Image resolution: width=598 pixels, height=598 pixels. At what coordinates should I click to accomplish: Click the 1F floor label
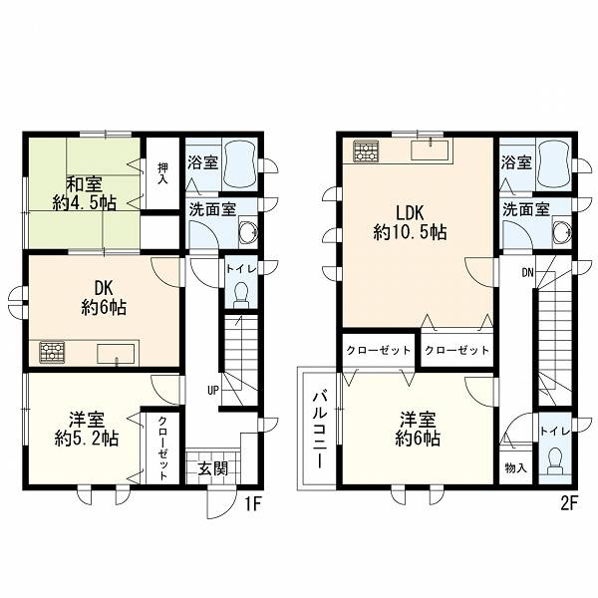point(252,504)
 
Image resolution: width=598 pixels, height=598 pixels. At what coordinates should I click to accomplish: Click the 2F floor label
point(569,504)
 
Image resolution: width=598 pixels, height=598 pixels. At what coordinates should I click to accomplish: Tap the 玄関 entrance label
point(213,468)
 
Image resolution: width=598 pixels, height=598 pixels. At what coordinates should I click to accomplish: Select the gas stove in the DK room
point(52,352)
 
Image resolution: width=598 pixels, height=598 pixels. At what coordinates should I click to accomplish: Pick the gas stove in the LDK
point(366,150)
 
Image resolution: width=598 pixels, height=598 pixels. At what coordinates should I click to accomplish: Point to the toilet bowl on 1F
point(240,295)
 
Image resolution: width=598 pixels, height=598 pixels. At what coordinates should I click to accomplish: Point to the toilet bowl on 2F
point(555,460)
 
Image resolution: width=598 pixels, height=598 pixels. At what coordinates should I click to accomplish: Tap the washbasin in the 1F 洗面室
point(248,231)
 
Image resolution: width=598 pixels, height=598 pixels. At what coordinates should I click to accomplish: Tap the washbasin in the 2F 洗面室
point(562,231)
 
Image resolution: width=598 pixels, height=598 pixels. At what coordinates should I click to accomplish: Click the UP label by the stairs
point(213,390)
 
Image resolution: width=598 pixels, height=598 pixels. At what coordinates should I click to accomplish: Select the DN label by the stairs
point(527,272)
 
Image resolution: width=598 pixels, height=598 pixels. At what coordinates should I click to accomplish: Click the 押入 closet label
point(163,173)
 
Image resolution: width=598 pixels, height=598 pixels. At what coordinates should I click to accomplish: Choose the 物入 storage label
point(515,468)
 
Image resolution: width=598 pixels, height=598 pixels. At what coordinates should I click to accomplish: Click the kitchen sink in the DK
point(116,354)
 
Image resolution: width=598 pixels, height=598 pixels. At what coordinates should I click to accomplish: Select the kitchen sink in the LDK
point(431,149)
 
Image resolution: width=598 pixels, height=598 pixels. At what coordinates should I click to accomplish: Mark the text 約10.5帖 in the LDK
point(410,232)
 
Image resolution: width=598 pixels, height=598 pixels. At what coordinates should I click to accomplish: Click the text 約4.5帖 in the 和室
point(85,203)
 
